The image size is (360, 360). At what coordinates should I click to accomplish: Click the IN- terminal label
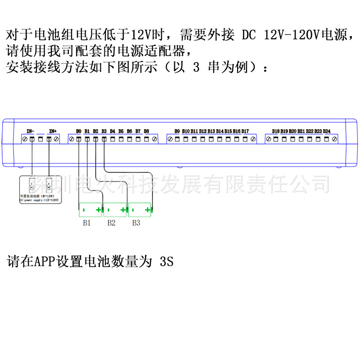click(x=31, y=131)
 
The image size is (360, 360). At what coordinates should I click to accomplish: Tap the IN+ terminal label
click(x=53, y=131)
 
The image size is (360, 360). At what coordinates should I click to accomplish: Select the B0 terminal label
click(x=79, y=131)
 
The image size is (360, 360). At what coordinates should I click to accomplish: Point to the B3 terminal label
click(x=104, y=131)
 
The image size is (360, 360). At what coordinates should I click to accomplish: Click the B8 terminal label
click(x=146, y=131)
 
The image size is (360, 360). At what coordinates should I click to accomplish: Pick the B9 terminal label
click(x=177, y=131)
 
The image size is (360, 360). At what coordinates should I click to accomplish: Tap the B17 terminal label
click(x=245, y=131)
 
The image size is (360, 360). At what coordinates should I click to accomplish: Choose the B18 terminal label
click(x=276, y=131)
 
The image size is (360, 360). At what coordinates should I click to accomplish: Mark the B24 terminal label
click(x=327, y=131)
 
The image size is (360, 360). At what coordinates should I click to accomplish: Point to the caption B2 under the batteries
click(x=112, y=223)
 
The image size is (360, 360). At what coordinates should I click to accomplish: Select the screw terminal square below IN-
click(x=32, y=139)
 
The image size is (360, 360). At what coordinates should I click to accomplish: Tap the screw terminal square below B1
click(x=87, y=139)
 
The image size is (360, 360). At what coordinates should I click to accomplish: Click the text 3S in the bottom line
click(x=166, y=262)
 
